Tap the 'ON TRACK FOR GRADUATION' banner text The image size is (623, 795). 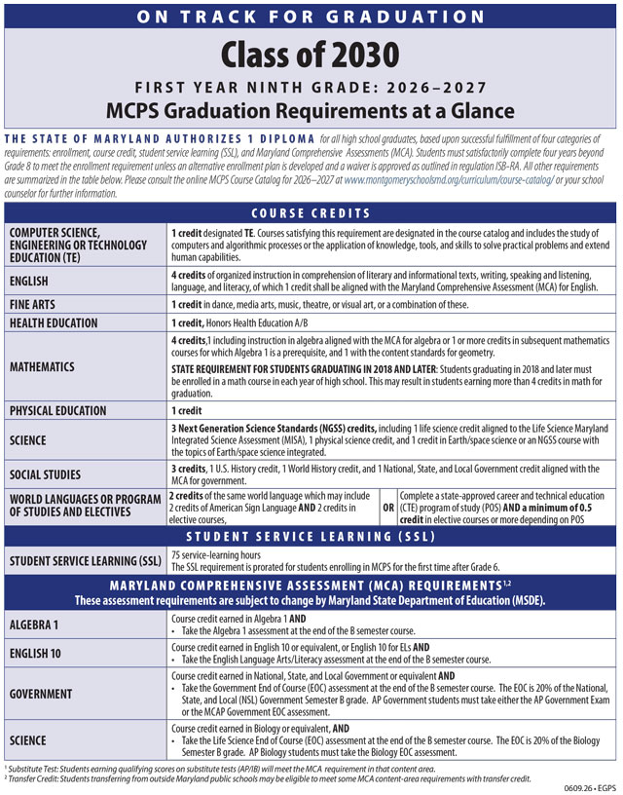pyautogui.click(x=311, y=16)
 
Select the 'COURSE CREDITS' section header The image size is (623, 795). pyautogui.click(x=311, y=213)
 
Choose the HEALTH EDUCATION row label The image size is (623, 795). pyautogui.click(x=67, y=322)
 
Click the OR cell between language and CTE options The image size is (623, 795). pyautogui.click(x=388, y=508)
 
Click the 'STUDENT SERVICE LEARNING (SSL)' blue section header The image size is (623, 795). pyautogui.click(x=311, y=536)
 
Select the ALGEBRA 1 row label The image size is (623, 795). pyautogui.click(x=38, y=624)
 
